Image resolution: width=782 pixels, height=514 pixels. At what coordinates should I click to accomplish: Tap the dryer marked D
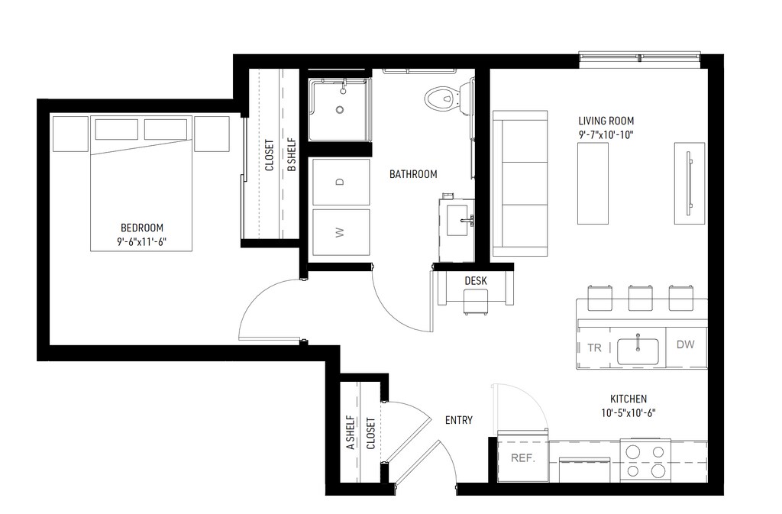coord(341,182)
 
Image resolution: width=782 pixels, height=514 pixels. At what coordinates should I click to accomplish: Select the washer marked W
coord(341,232)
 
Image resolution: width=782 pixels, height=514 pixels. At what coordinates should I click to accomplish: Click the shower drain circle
coord(340,110)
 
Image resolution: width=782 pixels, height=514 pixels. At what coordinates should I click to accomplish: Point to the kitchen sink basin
coord(638,351)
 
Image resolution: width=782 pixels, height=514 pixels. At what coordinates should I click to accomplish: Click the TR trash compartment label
coord(594,348)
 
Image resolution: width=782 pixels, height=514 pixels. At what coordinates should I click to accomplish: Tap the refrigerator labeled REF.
coord(522,457)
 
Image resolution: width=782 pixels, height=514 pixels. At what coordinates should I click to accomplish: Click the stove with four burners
coord(645,461)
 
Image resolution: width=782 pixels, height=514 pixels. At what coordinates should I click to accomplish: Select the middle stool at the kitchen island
coord(641,298)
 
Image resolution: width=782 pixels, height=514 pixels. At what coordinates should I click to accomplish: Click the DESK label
coord(475,281)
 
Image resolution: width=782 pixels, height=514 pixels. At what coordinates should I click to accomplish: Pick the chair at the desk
coord(476,302)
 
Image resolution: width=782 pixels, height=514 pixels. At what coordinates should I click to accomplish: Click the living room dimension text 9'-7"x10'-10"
coord(606,134)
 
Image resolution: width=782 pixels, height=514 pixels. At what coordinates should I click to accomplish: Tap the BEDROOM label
coord(142,228)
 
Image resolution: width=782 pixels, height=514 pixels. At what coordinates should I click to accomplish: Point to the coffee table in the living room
coord(593,183)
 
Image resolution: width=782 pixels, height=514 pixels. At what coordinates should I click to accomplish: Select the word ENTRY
coord(459,420)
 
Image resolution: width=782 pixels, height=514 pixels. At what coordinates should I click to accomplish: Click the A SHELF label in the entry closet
coord(351,433)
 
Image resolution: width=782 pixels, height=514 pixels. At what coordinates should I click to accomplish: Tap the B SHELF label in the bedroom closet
coord(292,155)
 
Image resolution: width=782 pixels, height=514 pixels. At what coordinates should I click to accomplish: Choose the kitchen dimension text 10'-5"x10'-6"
coord(629,412)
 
